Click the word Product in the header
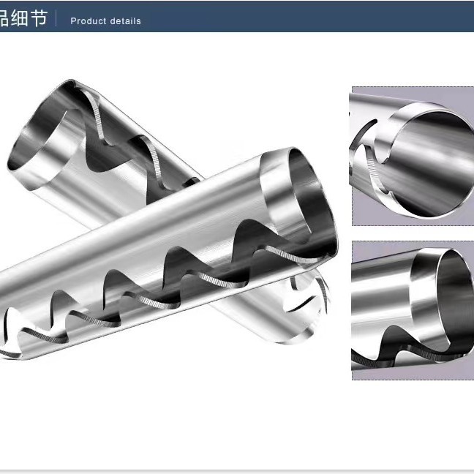point(87,21)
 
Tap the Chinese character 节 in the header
point(40,18)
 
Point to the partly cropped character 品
point(4,18)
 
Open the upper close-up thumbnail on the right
point(412,156)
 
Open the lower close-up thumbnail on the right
point(412,309)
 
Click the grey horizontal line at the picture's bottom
point(237,470)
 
